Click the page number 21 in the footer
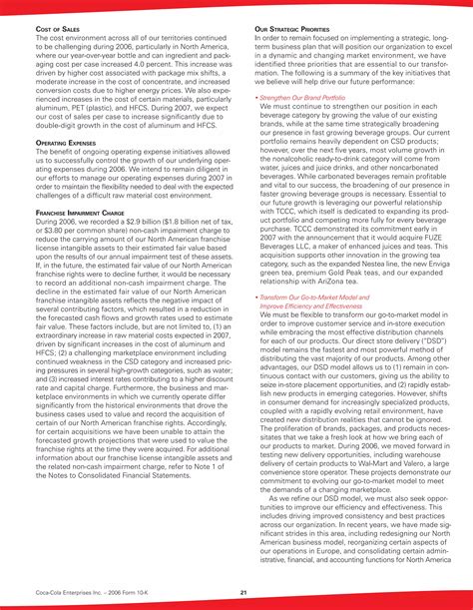tap(242, 593)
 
